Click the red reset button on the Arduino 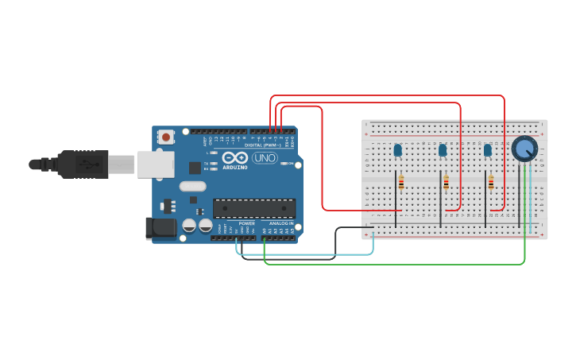coord(165,137)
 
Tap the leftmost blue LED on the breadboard coord(397,149)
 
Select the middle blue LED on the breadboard coord(443,149)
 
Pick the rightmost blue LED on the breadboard coord(487,149)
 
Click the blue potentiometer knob coord(524,149)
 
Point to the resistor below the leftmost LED coord(401,183)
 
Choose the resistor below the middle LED coord(446,183)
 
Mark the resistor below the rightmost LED coord(491,183)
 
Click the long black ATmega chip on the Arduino coord(253,208)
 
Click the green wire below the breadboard coord(397,263)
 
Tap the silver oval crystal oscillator coord(192,187)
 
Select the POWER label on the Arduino coord(247,224)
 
